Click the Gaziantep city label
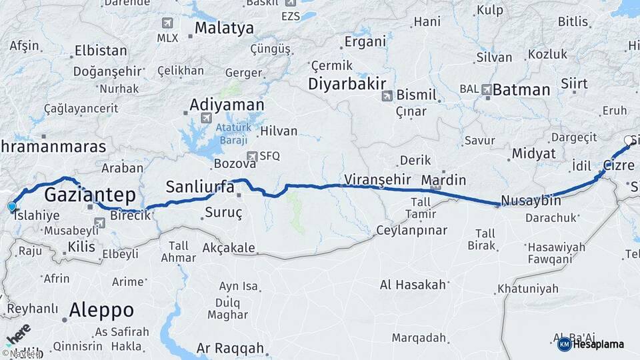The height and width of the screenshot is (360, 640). [90, 195]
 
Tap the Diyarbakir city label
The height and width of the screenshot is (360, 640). [347, 84]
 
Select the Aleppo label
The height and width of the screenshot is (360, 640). [101, 310]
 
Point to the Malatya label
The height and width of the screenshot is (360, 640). [224, 28]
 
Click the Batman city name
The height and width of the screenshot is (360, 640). [521, 89]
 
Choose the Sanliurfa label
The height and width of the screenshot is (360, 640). [200, 187]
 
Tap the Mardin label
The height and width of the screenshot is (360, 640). [443, 180]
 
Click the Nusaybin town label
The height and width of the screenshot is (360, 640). [527, 201]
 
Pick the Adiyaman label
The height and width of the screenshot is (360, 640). [227, 105]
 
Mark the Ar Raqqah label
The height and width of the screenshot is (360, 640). [230, 349]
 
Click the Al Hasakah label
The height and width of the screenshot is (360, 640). [413, 285]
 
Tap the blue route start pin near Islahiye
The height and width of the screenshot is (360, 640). [11, 207]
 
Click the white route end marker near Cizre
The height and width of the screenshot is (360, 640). [628, 140]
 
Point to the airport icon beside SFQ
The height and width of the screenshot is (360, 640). [251, 157]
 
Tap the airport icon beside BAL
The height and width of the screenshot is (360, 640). [487, 89]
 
